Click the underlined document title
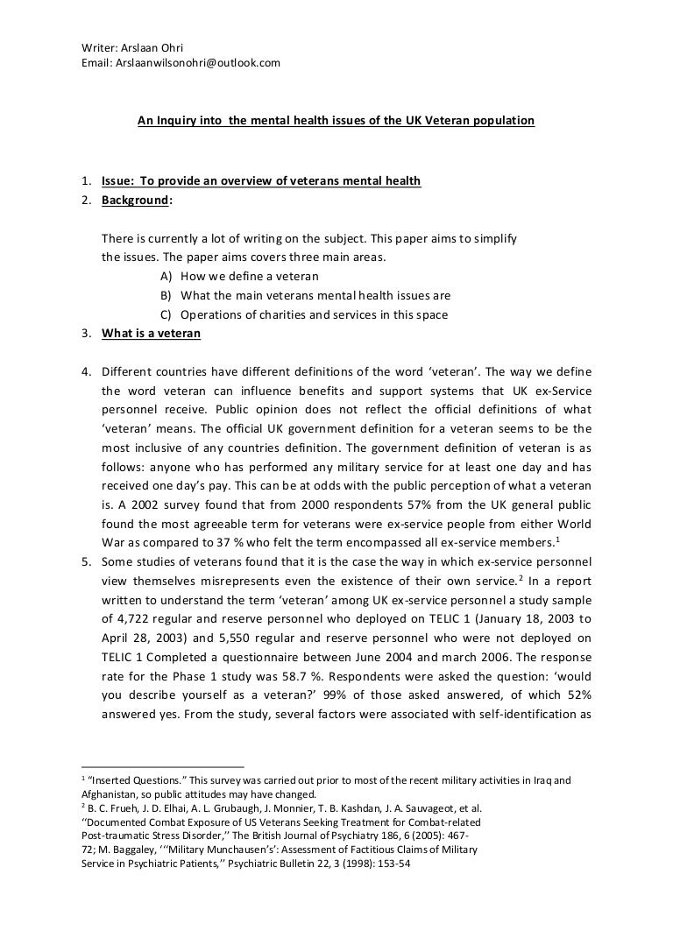coord(336,122)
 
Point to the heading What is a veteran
coord(151,333)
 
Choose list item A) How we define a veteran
coord(231,276)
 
